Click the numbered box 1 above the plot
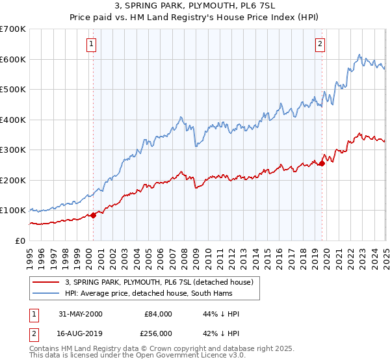(x=92, y=44)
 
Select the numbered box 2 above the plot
(x=321, y=44)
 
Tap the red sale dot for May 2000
(x=93, y=215)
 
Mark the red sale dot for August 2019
(x=322, y=163)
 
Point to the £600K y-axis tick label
(x=13, y=59)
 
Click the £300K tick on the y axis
(x=13, y=149)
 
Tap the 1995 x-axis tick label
(x=30, y=253)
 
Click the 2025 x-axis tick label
(x=385, y=253)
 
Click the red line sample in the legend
(x=46, y=282)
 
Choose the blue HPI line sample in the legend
(x=46, y=293)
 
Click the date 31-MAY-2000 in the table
(x=80, y=314)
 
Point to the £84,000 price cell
(x=159, y=314)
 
